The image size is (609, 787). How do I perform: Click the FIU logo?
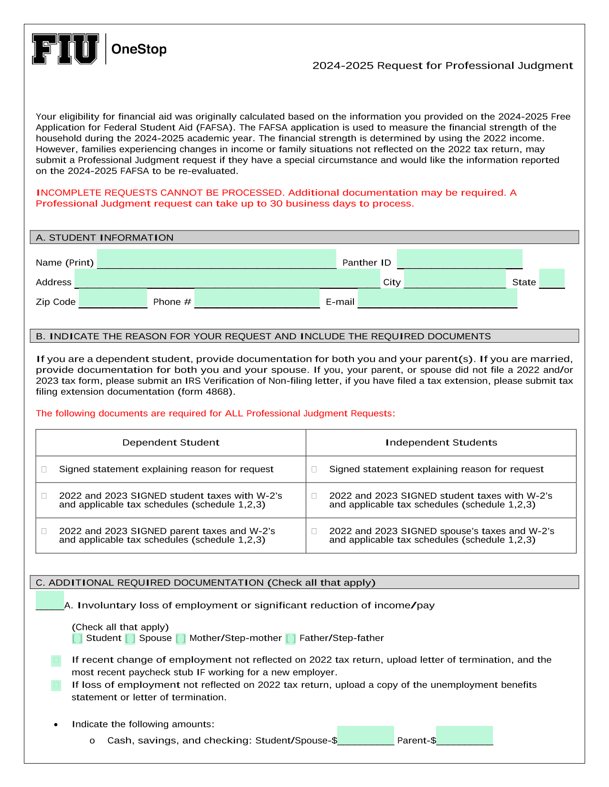tap(65, 49)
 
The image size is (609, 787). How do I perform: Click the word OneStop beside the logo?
tap(139, 49)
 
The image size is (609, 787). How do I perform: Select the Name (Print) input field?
tap(216, 259)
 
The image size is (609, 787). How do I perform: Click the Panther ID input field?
tap(459, 259)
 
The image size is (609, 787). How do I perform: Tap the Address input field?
tap(227, 278)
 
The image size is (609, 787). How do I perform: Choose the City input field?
tap(455, 278)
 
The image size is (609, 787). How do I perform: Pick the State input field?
tap(552, 278)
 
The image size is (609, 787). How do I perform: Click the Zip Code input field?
tap(113, 298)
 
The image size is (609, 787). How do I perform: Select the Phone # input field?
tap(257, 298)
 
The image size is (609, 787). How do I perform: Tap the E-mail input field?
tap(437, 298)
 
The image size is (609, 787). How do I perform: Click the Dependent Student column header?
tap(171, 442)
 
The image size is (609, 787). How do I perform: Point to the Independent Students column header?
tap(441, 442)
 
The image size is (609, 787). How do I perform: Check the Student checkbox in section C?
tap(77, 639)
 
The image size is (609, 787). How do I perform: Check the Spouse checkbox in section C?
tap(130, 639)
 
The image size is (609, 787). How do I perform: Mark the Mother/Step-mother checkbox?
tap(181, 639)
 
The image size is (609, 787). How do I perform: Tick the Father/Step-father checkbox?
tap(290, 639)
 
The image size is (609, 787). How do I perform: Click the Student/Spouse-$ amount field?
tap(365, 735)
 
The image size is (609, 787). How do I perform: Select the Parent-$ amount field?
tap(464, 735)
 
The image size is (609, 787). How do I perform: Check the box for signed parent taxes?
tap(44, 531)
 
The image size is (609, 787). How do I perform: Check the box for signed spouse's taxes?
tap(314, 531)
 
